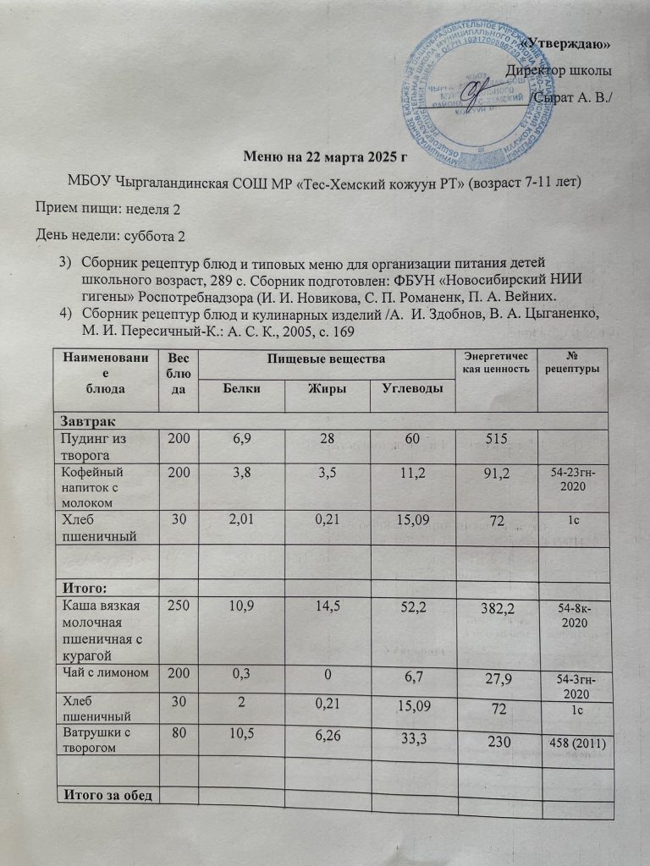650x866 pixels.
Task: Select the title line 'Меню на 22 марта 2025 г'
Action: point(326,156)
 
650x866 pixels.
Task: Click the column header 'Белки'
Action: point(242,387)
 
